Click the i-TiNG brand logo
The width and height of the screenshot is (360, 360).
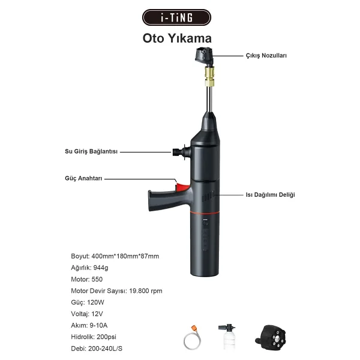[x=176, y=17]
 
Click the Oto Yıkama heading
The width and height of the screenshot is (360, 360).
[x=177, y=38]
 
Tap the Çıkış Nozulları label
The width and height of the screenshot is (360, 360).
[x=266, y=56]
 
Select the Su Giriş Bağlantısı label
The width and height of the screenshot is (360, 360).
[x=91, y=152]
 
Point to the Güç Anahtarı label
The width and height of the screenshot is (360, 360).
[x=83, y=178]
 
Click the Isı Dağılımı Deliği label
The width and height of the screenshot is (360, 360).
[x=270, y=194]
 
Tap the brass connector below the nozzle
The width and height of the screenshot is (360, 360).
[x=209, y=76]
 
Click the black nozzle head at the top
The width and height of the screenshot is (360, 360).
[x=204, y=55]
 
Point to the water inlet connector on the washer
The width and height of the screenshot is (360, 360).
[x=181, y=152]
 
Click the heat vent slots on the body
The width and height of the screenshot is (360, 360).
[x=208, y=196]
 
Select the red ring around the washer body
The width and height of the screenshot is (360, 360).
[x=205, y=213]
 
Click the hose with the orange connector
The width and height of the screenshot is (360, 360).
[x=193, y=338]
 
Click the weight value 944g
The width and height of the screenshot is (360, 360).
[x=101, y=268]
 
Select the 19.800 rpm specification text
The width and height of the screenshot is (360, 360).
[x=146, y=291]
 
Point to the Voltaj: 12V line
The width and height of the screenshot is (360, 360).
[x=87, y=314]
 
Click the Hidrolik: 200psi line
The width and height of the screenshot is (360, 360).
[x=94, y=337]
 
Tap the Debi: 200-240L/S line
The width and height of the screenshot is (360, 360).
[x=97, y=349]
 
